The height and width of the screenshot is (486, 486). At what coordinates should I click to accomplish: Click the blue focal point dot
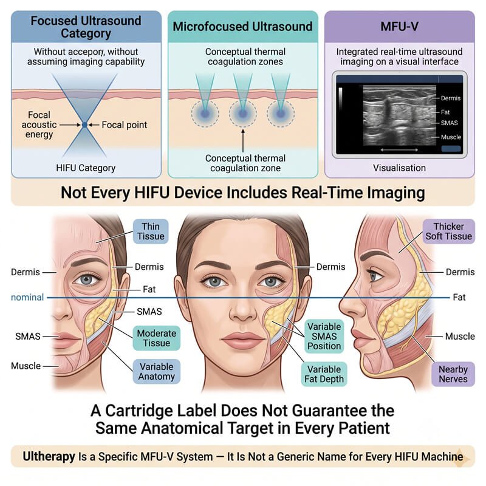pos(84,125)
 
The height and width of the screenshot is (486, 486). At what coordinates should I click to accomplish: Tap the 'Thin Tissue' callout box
pos(151,231)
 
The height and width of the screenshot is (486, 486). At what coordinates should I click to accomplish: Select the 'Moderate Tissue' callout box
pos(157,338)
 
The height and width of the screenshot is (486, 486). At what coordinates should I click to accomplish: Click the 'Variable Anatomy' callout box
pos(157,372)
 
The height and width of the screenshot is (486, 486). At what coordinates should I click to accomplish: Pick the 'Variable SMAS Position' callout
pos(324,337)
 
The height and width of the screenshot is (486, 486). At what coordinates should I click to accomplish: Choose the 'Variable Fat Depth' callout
pos(324,374)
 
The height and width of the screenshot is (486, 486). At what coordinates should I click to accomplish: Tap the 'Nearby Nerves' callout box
pos(453,374)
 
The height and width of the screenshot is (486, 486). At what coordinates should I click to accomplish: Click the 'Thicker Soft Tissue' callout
pos(449,231)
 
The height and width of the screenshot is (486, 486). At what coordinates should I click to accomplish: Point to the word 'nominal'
pos(27,297)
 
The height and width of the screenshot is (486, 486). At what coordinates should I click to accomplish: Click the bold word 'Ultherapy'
pos(49,457)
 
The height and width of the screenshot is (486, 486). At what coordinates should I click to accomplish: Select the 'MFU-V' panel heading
pos(400,26)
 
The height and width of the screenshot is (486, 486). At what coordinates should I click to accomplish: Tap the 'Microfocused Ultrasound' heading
pos(242,26)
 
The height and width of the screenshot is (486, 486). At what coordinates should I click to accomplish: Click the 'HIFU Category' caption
pos(86,168)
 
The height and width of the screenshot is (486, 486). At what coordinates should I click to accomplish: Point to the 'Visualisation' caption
pos(399,168)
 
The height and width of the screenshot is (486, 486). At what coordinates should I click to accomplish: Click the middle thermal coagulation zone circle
pos(242,114)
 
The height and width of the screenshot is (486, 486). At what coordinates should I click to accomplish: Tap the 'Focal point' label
pos(125,125)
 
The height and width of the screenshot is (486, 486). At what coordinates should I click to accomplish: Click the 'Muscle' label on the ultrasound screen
pos(451,137)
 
